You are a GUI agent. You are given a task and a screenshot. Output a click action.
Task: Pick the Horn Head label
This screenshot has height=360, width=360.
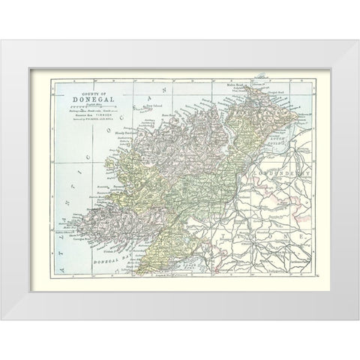click(175, 116)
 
